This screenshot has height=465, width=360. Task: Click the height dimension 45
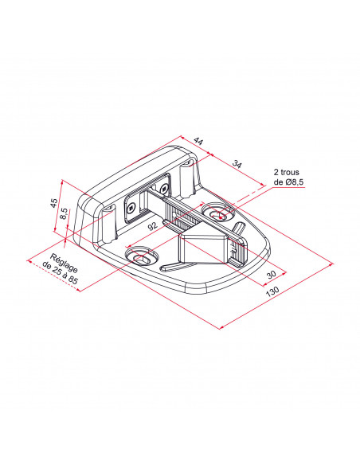53,203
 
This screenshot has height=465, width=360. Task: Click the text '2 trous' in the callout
287,172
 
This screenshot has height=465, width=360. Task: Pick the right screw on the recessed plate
165,188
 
